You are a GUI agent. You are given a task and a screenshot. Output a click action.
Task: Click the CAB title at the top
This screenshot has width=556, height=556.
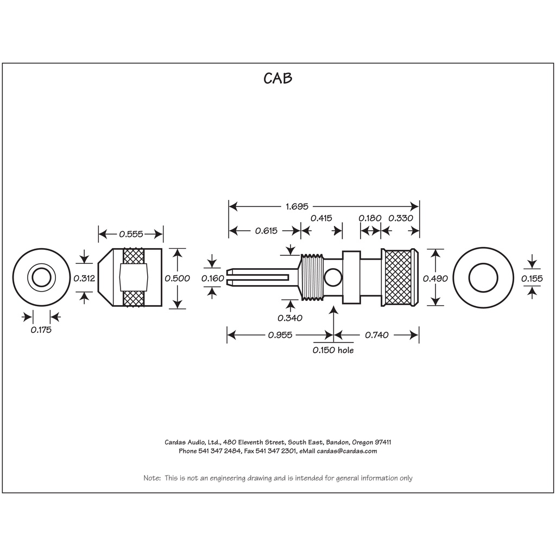point(278,78)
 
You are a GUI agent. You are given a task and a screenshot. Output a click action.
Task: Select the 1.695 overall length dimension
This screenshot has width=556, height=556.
point(296,206)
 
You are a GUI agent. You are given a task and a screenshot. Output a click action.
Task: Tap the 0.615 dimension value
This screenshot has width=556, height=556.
point(266,231)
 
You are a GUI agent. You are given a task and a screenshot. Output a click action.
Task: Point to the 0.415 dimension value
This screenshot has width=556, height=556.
point(321,218)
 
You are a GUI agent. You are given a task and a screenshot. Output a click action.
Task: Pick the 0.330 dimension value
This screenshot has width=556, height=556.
point(401,218)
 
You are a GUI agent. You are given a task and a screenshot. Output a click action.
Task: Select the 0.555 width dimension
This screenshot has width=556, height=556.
point(131,235)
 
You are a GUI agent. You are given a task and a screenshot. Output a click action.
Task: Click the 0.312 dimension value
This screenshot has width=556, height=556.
point(84,279)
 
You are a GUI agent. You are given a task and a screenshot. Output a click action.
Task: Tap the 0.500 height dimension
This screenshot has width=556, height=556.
point(177,279)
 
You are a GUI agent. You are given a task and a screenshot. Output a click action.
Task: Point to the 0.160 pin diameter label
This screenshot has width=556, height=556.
point(212,279)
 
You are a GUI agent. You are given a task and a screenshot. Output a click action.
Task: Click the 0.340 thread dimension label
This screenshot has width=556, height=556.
point(290,318)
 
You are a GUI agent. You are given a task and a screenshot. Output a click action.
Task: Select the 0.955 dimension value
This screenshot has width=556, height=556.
point(280,335)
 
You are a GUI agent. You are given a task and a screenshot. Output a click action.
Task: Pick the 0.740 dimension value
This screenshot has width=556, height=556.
point(377,335)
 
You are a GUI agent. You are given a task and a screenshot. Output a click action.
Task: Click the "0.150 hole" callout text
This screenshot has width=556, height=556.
point(333,351)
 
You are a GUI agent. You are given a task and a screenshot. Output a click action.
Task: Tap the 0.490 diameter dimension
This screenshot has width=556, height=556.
point(435,279)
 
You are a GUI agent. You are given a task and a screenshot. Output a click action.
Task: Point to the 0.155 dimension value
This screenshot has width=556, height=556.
point(532,279)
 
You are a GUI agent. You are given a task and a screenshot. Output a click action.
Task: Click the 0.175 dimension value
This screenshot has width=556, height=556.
point(41,330)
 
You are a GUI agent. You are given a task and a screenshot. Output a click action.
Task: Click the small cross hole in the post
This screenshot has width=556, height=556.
point(331,279)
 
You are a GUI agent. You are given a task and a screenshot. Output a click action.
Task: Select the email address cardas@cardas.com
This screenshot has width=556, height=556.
point(347,451)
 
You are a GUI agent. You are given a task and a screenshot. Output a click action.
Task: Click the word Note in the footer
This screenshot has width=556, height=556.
point(151,478)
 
